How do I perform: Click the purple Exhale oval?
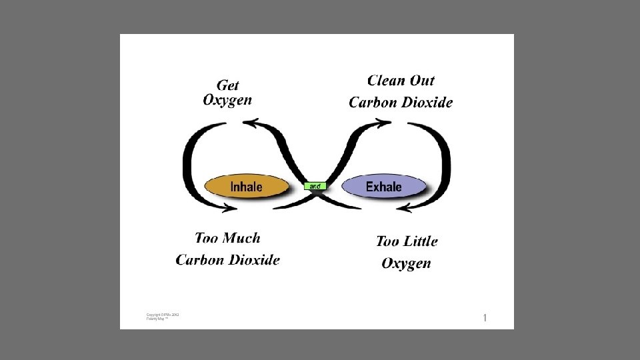[384, 187]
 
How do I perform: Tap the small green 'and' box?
[315, 186]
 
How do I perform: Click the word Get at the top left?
[228, 85]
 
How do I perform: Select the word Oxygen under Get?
[227, 101]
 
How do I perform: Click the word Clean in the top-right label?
[385, 81]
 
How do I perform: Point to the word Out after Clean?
[421, 81]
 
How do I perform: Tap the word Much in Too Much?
[241, 238]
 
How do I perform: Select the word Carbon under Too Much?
[199, 259]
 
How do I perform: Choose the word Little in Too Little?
[419, 241]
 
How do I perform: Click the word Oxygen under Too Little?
[406, 263]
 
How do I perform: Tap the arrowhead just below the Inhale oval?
[230, 207]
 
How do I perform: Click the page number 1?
[485, 318]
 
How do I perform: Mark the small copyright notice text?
[163, 317]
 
